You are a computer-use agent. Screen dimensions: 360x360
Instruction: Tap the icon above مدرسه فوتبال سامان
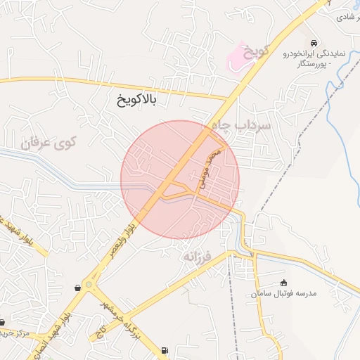pos(284,283)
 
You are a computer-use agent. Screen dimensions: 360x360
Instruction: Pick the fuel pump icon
pos(165,349)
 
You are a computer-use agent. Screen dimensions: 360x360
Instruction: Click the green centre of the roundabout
pos(89,285)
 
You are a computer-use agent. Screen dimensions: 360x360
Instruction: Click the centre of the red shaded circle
pos(180,180)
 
